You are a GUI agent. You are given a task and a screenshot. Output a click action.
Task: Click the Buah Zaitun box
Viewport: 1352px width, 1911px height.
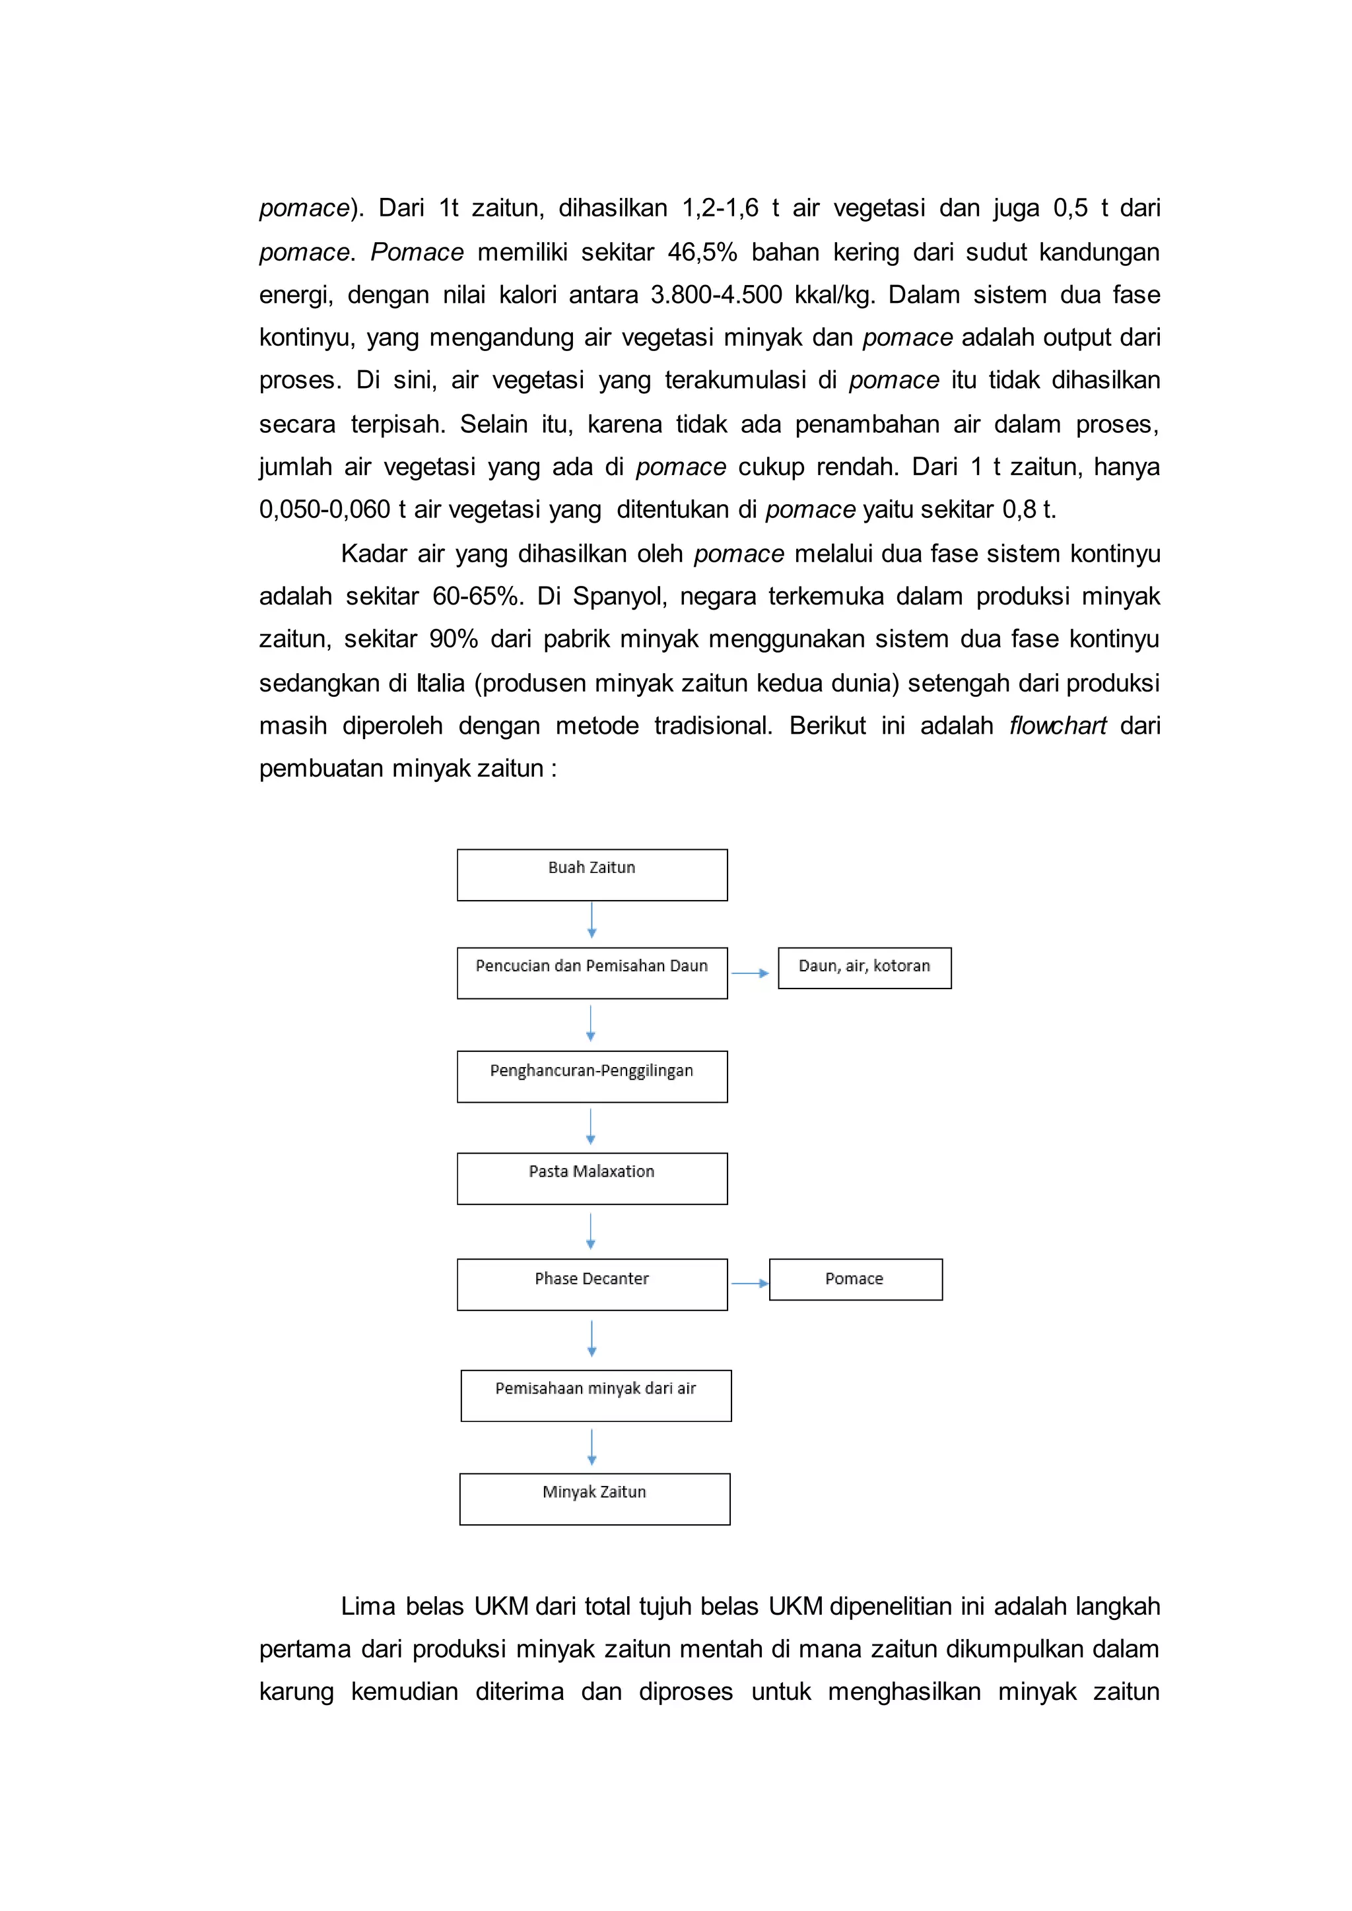click(x=592, y=875)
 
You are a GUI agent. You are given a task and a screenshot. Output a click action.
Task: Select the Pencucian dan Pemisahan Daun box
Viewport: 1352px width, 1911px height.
click(x=592, y=973)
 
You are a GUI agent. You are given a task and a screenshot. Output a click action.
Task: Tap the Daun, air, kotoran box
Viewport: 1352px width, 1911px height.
click(x=864, y=968)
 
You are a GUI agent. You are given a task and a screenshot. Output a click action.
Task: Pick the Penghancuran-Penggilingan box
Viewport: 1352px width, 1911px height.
click(x=592, y=1076)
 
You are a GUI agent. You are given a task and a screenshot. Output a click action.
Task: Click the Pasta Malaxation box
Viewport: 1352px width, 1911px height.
click(x=592, y=1179)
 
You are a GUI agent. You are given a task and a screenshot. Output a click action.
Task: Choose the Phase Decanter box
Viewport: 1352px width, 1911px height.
click(x=592, y=1284)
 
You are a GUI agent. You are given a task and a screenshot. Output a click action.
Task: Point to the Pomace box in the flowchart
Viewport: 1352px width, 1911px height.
click(x=855, y=1279)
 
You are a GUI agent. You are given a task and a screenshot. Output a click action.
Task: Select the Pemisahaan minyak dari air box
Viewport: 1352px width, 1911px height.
click(x=595, y=1396)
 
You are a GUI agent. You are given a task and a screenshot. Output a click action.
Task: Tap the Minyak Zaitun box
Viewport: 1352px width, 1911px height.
click(x=594, y=1499)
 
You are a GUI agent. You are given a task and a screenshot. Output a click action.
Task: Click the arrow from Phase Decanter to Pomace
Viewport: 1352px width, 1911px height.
click(x=749, y=1283)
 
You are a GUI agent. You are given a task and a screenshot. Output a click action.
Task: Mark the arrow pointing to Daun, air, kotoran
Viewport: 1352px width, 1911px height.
click(x=750, y=973)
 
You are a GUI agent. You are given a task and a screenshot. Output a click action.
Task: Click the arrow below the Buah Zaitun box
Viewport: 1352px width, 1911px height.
click(x=592, y=921)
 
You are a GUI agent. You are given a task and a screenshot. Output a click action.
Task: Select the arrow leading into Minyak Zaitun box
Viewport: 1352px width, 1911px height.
click(x=592, y=1447)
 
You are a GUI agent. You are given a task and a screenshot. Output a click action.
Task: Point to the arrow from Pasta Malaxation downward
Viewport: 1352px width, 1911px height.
click(x=591, y=1231)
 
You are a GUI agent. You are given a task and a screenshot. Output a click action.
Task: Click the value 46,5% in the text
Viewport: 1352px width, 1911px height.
click(x=702, y=252)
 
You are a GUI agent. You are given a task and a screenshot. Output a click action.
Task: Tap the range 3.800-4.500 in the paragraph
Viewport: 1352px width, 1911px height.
click(x=716, y=295)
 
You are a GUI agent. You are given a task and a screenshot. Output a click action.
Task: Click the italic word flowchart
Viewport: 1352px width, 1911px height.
click(x=1058, y=726)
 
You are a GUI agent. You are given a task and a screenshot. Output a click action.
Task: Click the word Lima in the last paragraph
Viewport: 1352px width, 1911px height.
click(x=367, y=1606)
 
